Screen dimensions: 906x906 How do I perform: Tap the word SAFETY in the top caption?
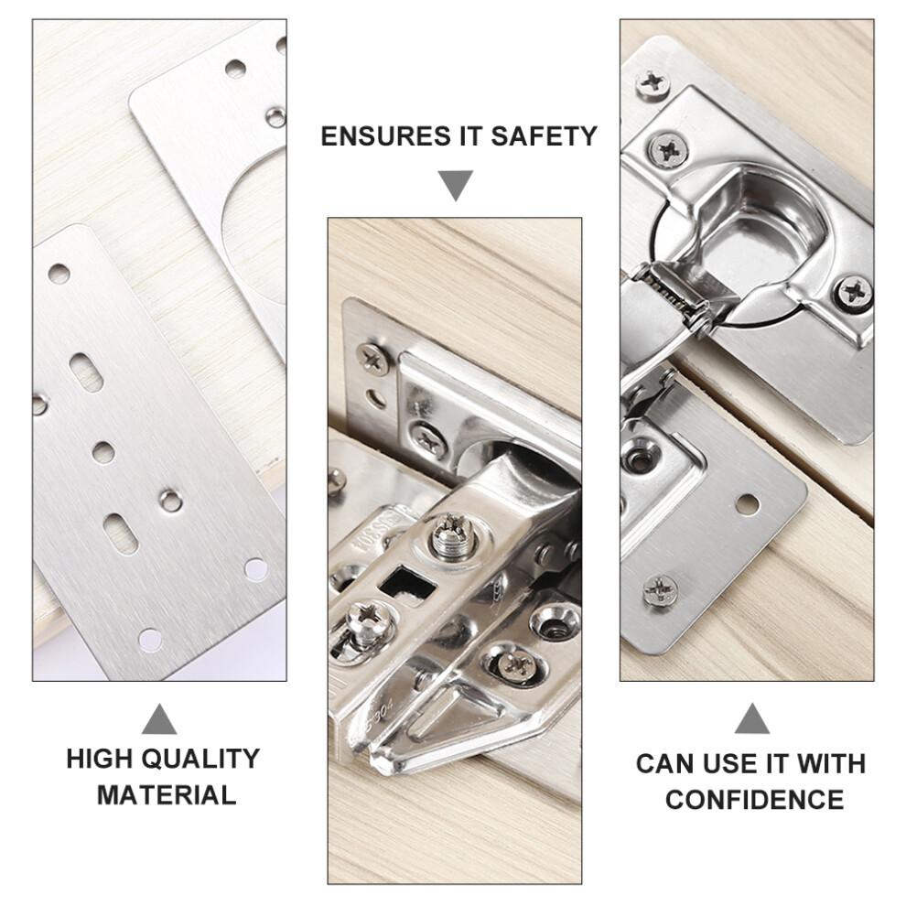pos(544,136)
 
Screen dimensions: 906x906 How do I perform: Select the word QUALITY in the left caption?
pos(201,759)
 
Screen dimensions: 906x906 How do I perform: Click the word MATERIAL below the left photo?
pos(167,795)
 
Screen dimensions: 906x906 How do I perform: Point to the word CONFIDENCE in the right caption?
pos(755,800)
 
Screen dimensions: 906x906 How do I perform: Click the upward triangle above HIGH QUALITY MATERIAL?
pos(159,718)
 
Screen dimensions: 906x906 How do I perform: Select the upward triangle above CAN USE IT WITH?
pos(752,718)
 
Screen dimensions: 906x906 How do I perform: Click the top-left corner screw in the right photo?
pos(653,82)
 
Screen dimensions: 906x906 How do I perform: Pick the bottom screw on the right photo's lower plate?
pos(661,590)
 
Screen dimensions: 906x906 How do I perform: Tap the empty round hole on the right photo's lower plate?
pos(747,504)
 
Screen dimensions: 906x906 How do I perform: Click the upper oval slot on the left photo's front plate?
pos(86,372)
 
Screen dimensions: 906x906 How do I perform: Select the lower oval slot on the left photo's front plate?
pos(121,534)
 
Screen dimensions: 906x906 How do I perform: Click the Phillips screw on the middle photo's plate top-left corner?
pos(372,359)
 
